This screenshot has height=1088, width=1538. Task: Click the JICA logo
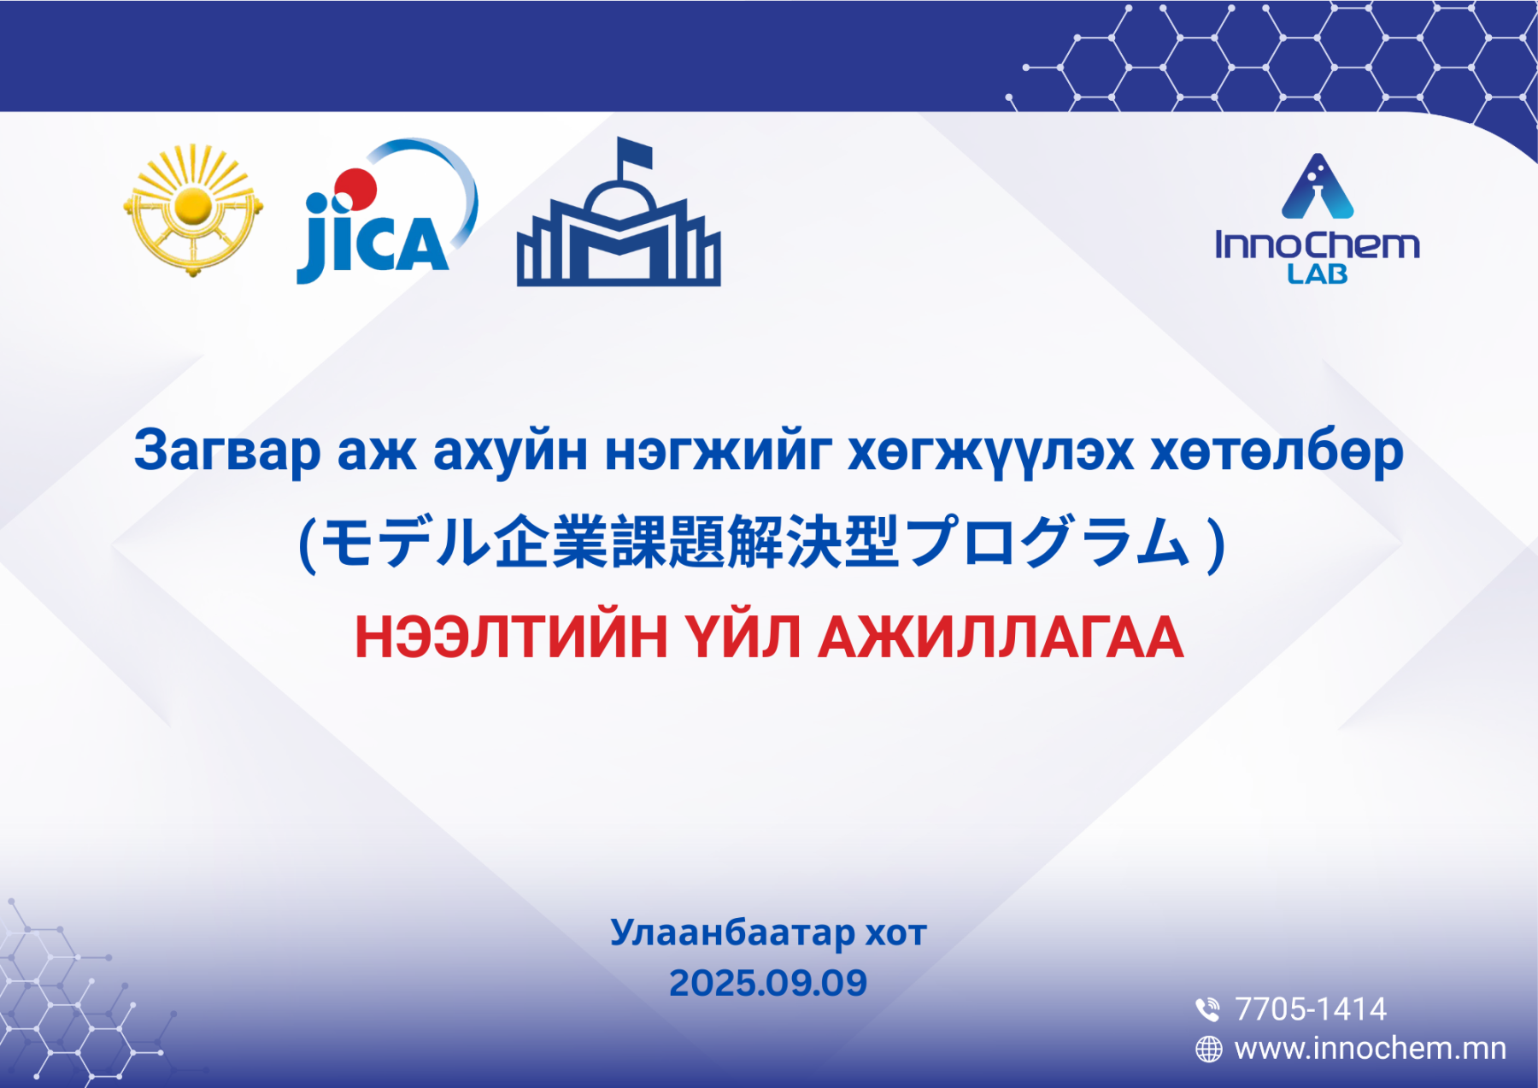point(386,212)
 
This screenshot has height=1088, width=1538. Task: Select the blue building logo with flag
point(619,212)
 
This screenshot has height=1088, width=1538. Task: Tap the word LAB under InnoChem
point(1318,274)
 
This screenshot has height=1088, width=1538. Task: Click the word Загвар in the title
point(227,450)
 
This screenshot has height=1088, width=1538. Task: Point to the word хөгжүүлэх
point(990,452)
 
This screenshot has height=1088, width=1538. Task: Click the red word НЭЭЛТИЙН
point(511,637)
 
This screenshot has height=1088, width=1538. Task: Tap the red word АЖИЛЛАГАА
point(1001,637)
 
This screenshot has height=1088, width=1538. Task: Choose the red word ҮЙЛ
point(743,637)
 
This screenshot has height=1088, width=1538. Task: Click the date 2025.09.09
point(768,983)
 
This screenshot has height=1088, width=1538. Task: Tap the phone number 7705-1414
point(1311,1009)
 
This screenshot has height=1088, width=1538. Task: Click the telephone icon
point(1207,1009)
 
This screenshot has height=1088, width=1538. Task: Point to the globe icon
point(1208,1049)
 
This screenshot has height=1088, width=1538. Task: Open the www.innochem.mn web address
point(1371,1048)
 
